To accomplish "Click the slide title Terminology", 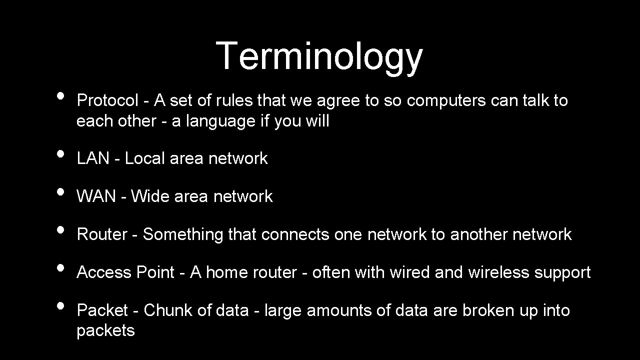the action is coord(319,56).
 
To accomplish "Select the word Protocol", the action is coord(107,100).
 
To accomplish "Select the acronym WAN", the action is coord(96,196).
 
